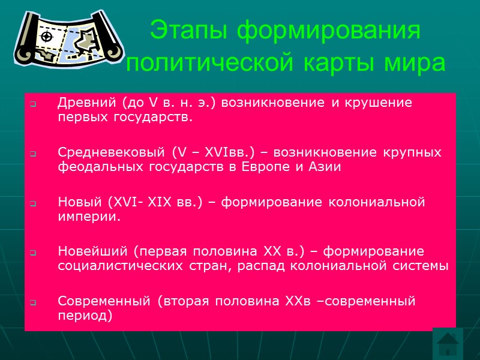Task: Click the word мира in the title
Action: (416, 62)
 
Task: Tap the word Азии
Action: (327, 167)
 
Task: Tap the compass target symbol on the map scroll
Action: (46, 37)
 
